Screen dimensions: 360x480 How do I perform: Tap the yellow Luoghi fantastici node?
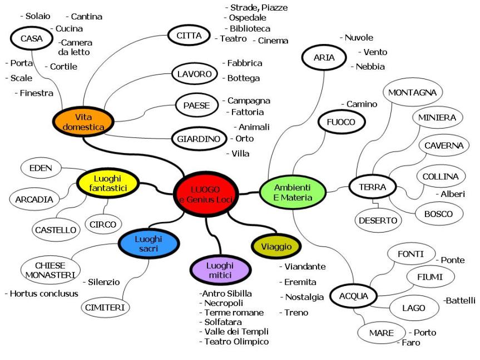pyautogui.click(x=108, y=184)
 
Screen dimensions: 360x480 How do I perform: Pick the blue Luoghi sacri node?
pyautogui.click(x=147, y=244)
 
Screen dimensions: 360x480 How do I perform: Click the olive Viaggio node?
pyautogui.click(x=276, y=245)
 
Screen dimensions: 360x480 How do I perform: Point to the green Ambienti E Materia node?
pyautogui.click(x=293, y=191)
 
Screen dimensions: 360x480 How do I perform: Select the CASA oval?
pyautogui.click(x=28, y=38)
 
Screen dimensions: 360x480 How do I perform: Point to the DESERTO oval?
pyautogui.click(x=378, y=220)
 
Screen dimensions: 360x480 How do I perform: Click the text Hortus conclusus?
pyautogui.click(x=41, y=293)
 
